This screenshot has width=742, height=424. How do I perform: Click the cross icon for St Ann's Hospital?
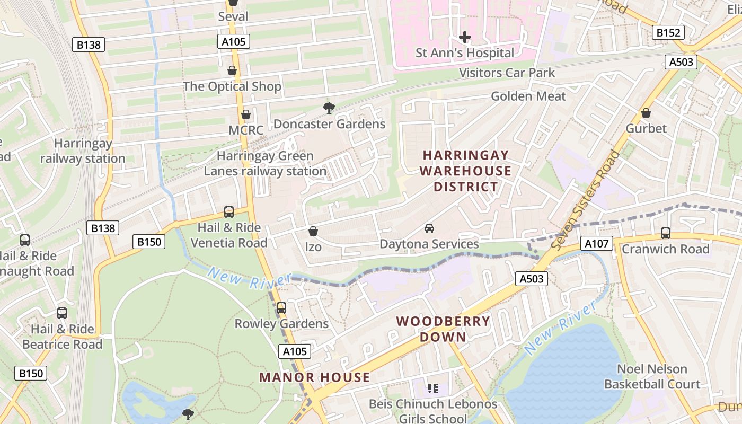pos(465,37)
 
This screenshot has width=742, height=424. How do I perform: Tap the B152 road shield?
pos(668,33)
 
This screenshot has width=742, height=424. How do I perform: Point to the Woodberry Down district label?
pos(443,329)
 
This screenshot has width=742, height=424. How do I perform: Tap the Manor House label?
pos(314,377)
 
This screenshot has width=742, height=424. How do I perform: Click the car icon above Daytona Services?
pos(429,228)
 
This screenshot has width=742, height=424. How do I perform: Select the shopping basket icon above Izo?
pos(313,231)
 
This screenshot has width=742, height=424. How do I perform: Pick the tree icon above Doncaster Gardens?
pos(329,109)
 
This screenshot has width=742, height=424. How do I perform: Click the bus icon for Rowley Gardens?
pos(281,308)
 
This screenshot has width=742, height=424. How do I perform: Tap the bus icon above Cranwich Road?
pos(666,233)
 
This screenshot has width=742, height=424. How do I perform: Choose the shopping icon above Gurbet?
pos(646,113)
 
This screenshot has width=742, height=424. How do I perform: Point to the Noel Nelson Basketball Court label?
pos(652,377)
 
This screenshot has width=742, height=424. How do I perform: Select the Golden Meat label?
pos(528,96)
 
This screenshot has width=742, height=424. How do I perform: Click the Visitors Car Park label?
pos(507,73)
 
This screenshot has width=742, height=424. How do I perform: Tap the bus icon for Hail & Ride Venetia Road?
pos(229,212)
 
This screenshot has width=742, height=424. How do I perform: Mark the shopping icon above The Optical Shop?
pos(232,70)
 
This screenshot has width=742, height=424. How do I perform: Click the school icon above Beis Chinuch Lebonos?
pos(433,388)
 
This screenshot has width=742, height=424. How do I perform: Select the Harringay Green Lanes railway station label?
pos(265,164)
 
